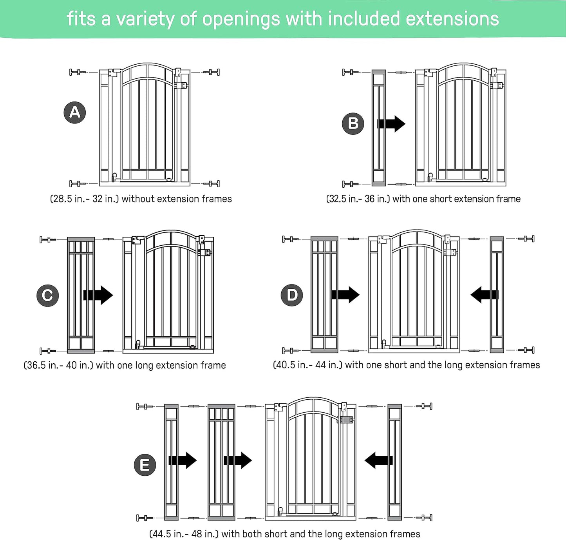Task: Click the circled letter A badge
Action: [x=75, y=112]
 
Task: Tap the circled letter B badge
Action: [x=353, y=123]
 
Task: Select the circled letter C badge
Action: [x=47, y=295]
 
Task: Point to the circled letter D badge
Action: [x=292, y=295]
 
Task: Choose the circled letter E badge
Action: [x=145, y=465]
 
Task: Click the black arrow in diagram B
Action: [x=391, y=124]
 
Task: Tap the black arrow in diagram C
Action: [x=98, y=295]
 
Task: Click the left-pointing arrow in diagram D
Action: [x=484, y=295]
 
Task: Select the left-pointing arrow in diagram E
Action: [x=378, y=460]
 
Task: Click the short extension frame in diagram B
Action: [x=379, y=128]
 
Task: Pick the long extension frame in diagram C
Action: [x=81, y=295]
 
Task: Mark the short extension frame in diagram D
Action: [x=497, y=295]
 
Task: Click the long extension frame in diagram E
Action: [x=221, y=462]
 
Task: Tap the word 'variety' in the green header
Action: [x=145, y=19]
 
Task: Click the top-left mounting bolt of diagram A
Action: [x=78, y=72]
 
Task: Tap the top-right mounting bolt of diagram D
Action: [x=526, y=239]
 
